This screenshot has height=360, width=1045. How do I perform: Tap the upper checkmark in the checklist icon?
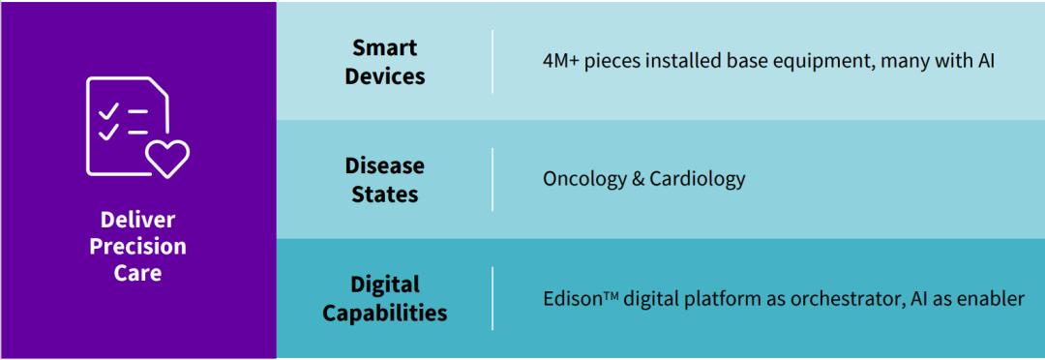pyautogui.click(x=108, y=111)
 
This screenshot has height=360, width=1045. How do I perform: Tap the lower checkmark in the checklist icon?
pyautogui.click(x=108, y=133)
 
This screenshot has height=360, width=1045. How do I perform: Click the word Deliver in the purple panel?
pyautogui.click(x=138, y=220)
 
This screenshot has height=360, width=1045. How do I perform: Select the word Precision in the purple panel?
pyautogui.click(x=138, y=247)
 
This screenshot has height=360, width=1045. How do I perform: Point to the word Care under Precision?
pyautogui.click(x=138, y=273)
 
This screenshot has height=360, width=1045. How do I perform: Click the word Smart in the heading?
pyautogui.click(x=385, y=48)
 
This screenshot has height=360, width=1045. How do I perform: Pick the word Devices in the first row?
pyautogui.click(x=385, y=76)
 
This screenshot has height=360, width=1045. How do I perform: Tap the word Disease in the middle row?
pyautogui.click(x=385, y=165)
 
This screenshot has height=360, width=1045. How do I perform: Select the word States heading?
pyautogui.click(x=385, y=194)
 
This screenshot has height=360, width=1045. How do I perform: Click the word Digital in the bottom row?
pyautogui.click(x=385, y=284)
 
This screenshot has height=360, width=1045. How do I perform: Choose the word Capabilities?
pyautogui.click(x=385, y=312)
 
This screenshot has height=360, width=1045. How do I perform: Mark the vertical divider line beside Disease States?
pyautogui.click(x=493, y=180)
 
